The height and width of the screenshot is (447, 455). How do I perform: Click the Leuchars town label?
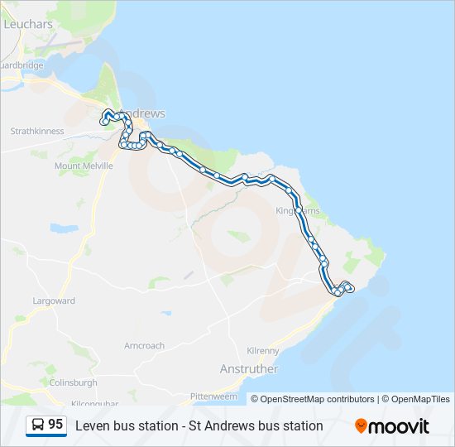[x=28, y=25]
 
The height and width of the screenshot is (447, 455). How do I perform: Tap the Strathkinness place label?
[x=36, y=131]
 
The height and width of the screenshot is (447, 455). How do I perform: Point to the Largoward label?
[x=53, y=300]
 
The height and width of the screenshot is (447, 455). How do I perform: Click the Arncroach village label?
[x=144, y=345]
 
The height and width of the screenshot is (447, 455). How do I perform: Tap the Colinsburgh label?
[x=72, y=382]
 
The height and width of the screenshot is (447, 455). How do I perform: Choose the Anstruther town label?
[x=249, y=368]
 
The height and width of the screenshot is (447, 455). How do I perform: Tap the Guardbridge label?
[x=22, y=65]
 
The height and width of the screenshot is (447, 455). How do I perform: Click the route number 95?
[x=55, y=425]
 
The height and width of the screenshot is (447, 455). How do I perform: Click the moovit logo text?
[x=400, y=426]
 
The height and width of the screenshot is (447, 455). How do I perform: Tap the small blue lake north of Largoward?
[x=63, y=227]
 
